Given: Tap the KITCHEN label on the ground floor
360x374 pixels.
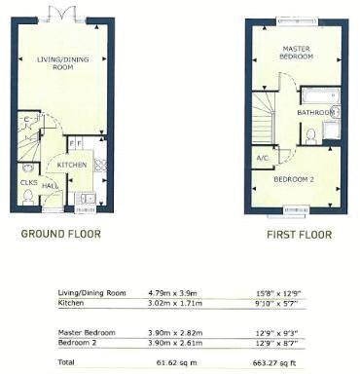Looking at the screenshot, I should tap(72, 166).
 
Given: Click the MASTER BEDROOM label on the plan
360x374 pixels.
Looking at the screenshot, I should tap(297, 53).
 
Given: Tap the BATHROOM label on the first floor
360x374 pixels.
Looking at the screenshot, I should tap(315, 113).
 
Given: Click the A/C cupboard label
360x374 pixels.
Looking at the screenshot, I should tap(262, 158).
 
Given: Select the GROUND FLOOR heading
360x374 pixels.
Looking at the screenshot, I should tap(61, 234).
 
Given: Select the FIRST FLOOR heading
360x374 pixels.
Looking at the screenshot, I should tap(300, 235).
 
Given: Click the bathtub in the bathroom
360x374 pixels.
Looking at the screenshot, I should tap(318, 96).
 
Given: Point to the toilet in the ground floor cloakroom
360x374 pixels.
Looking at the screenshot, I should tap(26, 198).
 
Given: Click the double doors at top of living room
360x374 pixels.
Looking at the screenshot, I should tap(62, 14).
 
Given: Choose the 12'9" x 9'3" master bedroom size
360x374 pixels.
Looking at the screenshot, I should tap(279, 332).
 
